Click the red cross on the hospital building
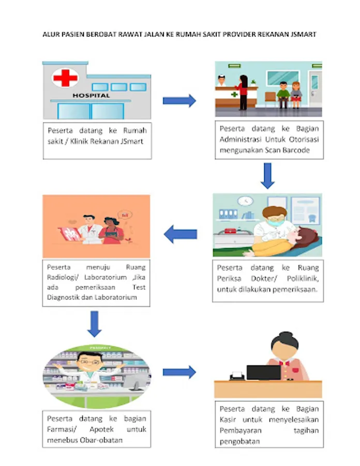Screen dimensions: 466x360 pyautogui.click(x=65, y=79)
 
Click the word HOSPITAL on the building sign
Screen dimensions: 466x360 pyautogui.click(x=91, y=96)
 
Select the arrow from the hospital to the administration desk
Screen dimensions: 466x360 pyautogui.click(x=179, y=100)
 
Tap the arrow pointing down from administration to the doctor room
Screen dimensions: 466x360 pyautogui.click(x=267, y=176)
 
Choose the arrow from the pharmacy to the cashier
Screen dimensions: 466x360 pyautogui.click(x=179, y=372)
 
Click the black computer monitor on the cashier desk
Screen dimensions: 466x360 pyautogui.click(x=263, y=372)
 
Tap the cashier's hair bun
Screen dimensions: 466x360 pyautogui.click(x=284, y=335)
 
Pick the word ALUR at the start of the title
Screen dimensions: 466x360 pyautogui.click(x=50, y=35)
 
